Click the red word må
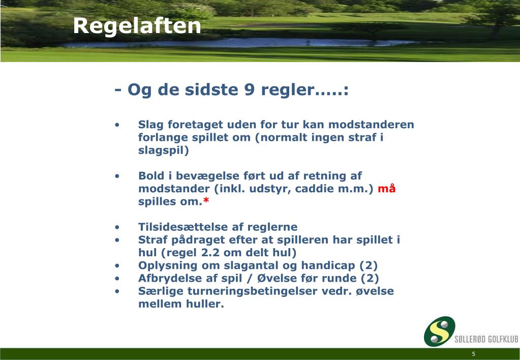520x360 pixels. point(387,189)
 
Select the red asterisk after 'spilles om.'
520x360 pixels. point(206,202)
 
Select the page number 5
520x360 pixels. point(473,354)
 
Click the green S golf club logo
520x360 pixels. point(440,332)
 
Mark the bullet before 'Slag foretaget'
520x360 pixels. point(117,125)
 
